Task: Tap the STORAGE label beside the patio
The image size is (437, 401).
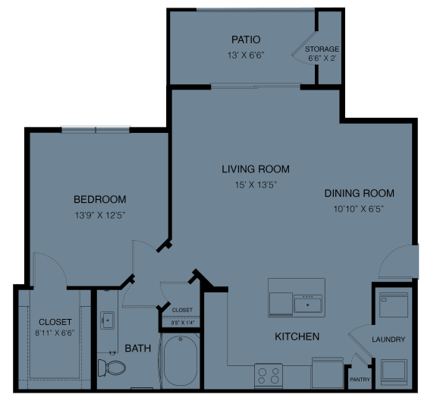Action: pyautogui.click(x=322, y=49)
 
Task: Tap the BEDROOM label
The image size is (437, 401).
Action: pyautogui.click(x=99, y=200)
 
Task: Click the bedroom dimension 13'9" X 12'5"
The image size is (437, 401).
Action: pyautogui.click(x=99, y=216)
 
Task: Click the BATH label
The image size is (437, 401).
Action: pyautogui.click(x=138, y=349)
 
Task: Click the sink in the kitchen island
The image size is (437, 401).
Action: pyautogui.click(x=308, y=304)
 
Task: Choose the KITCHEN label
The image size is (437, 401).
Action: pyautogui.click(x=296, y=336)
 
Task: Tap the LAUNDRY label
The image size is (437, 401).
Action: pyautogui.click(x=388, y=339)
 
